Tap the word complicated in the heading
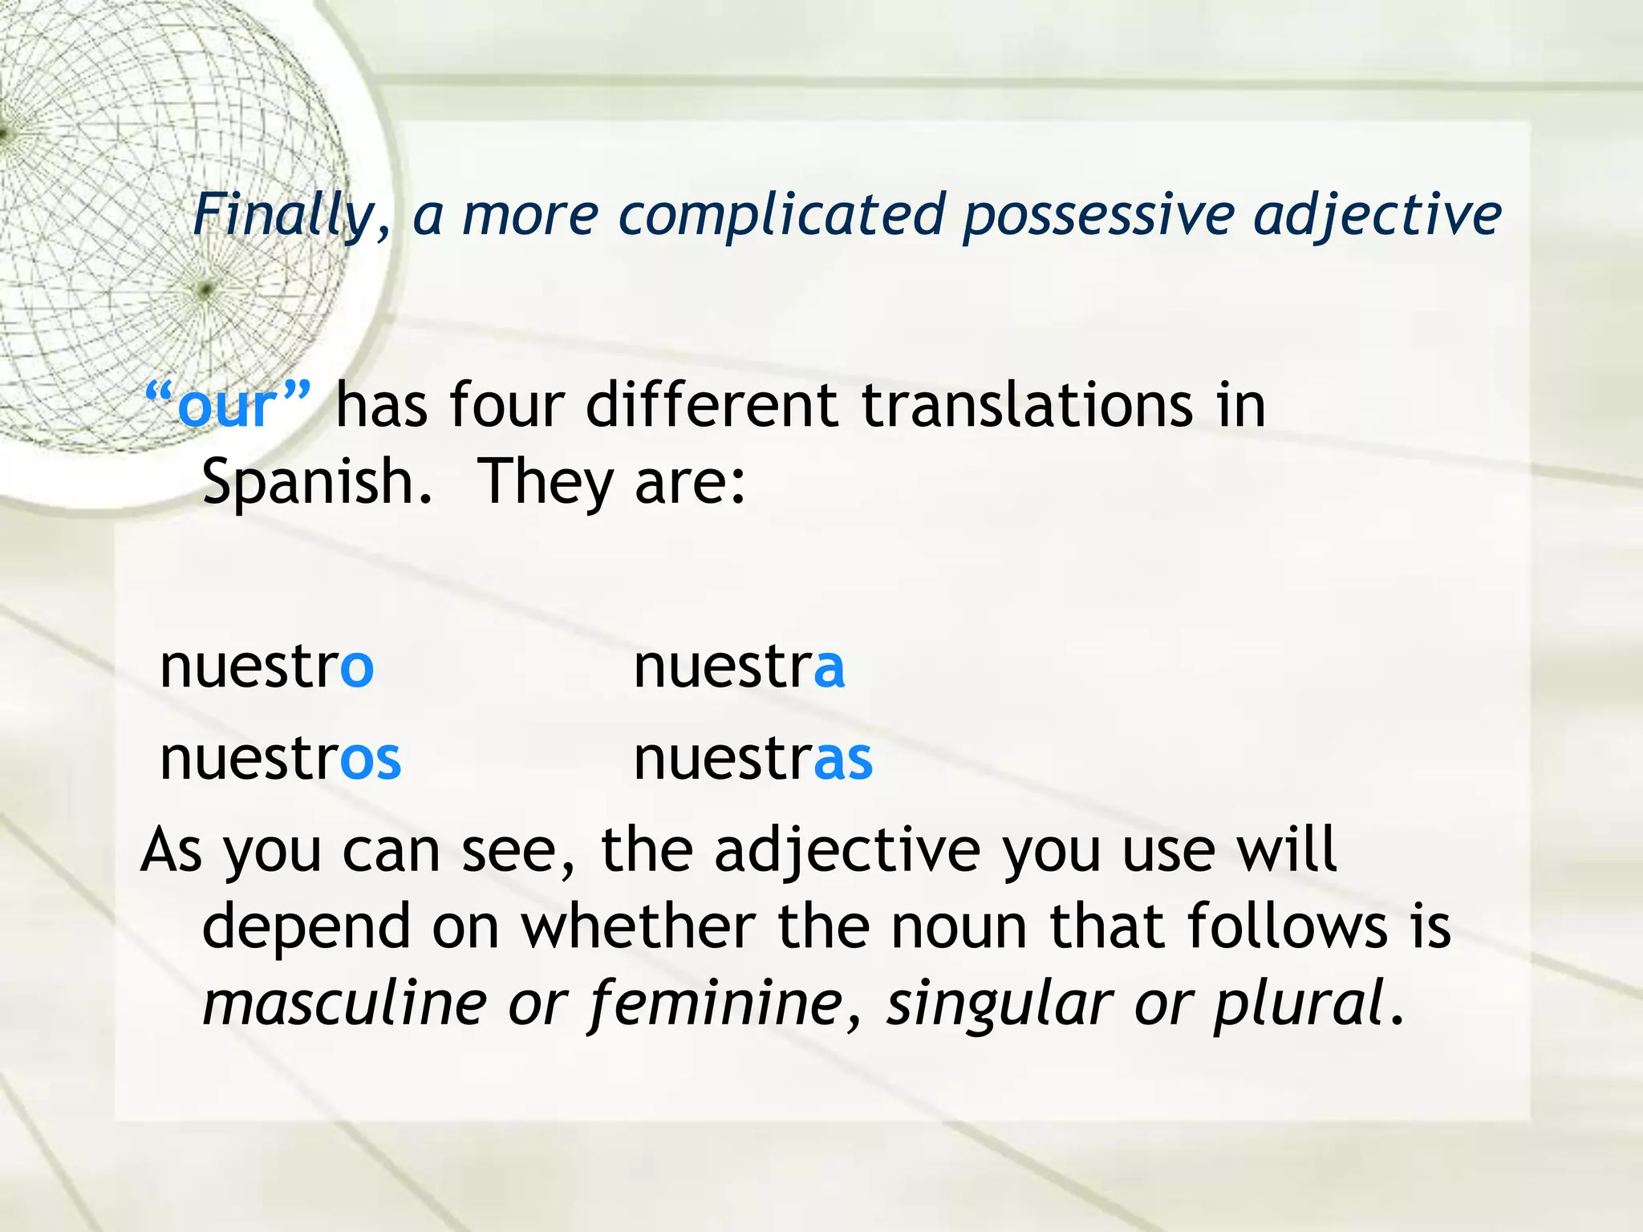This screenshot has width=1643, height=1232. point(781,215)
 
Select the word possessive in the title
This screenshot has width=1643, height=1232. point(1098,215)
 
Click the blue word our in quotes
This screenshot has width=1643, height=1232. point(227,406)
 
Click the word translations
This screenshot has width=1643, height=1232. point(1027,404)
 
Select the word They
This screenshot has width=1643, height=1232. point(546,481)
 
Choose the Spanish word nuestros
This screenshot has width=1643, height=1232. point(280,758)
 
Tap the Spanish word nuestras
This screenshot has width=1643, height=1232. point(753,758)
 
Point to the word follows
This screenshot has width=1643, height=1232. point(1287,927)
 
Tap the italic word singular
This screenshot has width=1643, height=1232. point(1000,1003)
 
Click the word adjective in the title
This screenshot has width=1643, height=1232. point(1377,215)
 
